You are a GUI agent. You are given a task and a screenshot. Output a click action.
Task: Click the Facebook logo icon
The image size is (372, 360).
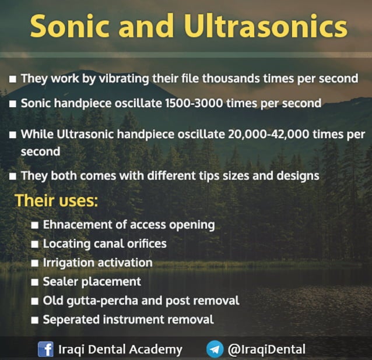point(45,350)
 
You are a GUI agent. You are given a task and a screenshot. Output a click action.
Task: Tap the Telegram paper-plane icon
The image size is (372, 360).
point(215,350)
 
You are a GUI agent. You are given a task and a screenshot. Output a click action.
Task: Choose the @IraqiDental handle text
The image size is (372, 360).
point(266,350)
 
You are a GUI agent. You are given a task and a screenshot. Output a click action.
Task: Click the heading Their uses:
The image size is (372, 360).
point(56,200)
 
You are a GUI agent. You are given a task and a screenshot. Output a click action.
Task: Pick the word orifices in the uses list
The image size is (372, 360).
point(144,243)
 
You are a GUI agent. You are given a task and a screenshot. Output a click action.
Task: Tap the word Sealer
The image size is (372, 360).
point(60,281)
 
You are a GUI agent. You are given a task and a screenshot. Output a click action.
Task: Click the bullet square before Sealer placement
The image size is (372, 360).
point(34,282)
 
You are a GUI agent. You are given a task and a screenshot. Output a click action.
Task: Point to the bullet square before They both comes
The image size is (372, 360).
point(12,175)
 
